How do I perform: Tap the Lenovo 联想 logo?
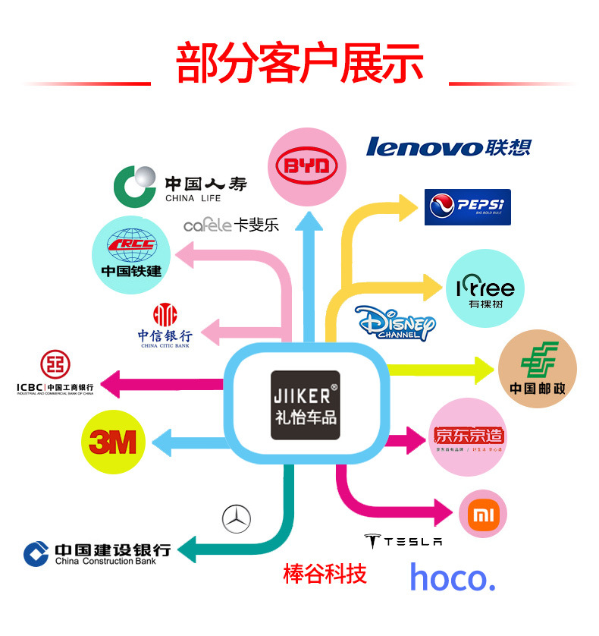pyautogui.click(x=448, y=146)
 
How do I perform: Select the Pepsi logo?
pyautogui.click(x=467, y=206)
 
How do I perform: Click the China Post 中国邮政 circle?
pyautogui.click(x=537, y=370)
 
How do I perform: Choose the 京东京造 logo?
pyautogui.click(x=469, y=437)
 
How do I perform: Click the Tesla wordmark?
pyautogui.click(x=403, y=541)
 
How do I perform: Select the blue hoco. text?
pyautogui.click(x=452, y=578)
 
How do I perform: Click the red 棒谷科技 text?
pyautogui.click(x=325, y=574)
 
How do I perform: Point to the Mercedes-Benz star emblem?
pyautogui.click(x=237, y=519)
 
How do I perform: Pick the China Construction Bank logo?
pyautogui.click(x=96, y=553)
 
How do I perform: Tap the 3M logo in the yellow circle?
pyautogui.click(x=112, y=442)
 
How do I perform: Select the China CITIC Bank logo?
pyautogui.click(x=165, y=326)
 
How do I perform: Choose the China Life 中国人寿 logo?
pyautogui.click(x=180, y=186)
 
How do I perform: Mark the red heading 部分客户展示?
pyautogui.click(x=299, y=65)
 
